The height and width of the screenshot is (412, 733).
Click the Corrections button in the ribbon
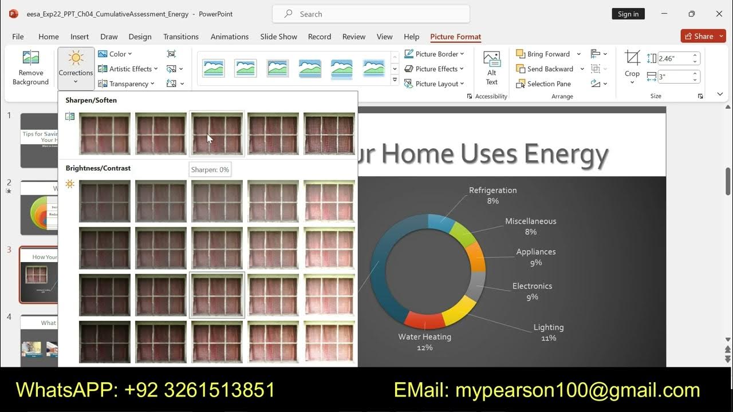[x=76, y=68]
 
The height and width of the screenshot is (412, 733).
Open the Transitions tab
[x=181, y=37]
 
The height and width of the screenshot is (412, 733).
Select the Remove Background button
[x=30, y=68]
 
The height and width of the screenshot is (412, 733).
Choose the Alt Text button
[x=491, y=68]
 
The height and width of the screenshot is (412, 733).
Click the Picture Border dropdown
[x=435, y=54]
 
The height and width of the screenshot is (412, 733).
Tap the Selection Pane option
[x=543, y=84]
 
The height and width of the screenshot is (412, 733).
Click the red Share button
[x=703, y=36]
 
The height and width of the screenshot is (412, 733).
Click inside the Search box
[x=371, y=14]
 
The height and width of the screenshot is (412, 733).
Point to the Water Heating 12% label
[x=425, y=342]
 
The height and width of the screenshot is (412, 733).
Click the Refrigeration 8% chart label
[x=492, y=195]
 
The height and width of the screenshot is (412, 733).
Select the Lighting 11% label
[x=549, y=332]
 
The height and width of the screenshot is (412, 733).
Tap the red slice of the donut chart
[x=424, y=320]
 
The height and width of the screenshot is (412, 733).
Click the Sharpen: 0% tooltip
[x=210, y=169]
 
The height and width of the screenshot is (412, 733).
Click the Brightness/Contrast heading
[x=98, y=168]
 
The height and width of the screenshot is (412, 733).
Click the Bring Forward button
[x=543, y=54]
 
